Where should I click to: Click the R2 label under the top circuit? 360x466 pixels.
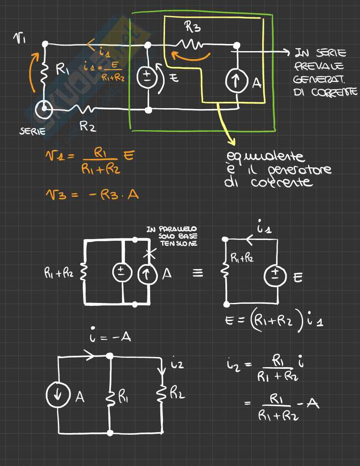(88, 126)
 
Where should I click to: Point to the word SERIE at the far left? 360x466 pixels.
(32, 131)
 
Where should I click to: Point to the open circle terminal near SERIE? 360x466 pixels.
(44, 112)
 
